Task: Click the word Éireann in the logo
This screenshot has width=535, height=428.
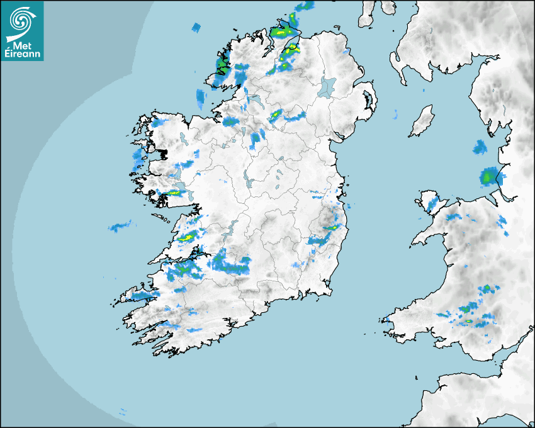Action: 22,53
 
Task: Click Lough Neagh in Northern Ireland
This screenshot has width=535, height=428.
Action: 327,86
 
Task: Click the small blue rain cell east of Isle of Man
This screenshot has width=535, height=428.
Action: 480,147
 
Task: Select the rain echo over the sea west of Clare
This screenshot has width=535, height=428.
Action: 119,226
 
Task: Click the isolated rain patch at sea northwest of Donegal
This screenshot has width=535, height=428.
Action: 196,28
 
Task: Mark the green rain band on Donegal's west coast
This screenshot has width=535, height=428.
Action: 222,64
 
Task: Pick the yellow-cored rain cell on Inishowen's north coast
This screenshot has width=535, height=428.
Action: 281,31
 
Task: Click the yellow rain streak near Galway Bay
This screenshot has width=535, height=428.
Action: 172,193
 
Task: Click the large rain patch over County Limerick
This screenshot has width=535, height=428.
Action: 229,263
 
